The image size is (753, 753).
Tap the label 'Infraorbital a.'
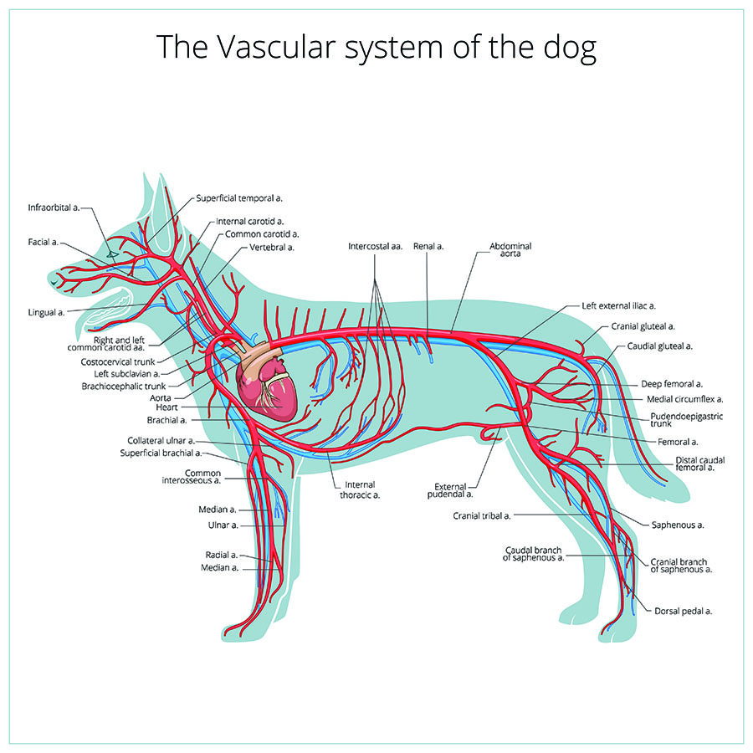click(x=54, y=208)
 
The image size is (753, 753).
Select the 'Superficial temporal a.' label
click(x=239, y=198)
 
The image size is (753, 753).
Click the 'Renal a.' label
click(x=428, y=246)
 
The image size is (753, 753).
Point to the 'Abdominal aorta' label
click(x=510, y=249)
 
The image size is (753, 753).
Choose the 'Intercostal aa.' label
click(x=375, y=246)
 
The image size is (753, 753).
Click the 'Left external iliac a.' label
click(x=618, y=306)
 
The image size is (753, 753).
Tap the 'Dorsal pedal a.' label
click(x=683, y=612)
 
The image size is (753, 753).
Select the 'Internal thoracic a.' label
click(x=360, y=489)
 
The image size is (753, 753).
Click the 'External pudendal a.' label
click(x=450, y=490)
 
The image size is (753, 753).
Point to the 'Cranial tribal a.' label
click(x=482, y=515)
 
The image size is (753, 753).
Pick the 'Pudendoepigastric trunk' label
click(x=686, y=420)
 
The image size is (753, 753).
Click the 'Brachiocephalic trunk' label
click(x=124, y=386)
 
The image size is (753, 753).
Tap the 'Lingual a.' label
click(x=46, y=313)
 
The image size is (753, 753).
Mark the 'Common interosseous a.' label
click(x=191, y=477)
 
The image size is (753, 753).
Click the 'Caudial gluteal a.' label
click(x=660, y=346)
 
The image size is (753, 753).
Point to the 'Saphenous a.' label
click(x=678, y=525)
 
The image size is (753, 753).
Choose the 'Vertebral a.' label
click(x=272, y=248)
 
